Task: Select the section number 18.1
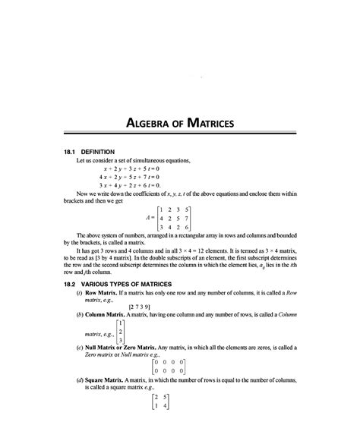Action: [x=72, y=151]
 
